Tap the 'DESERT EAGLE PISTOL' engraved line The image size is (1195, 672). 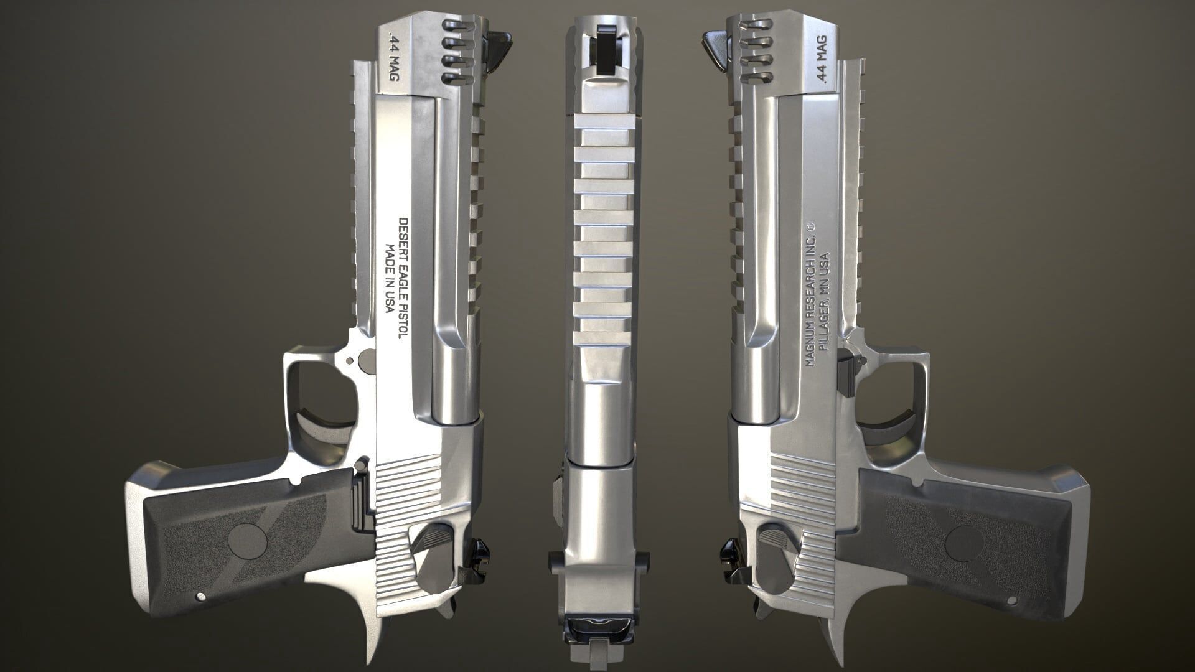coord(402,278)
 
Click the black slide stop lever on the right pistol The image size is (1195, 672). coord(846,371)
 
